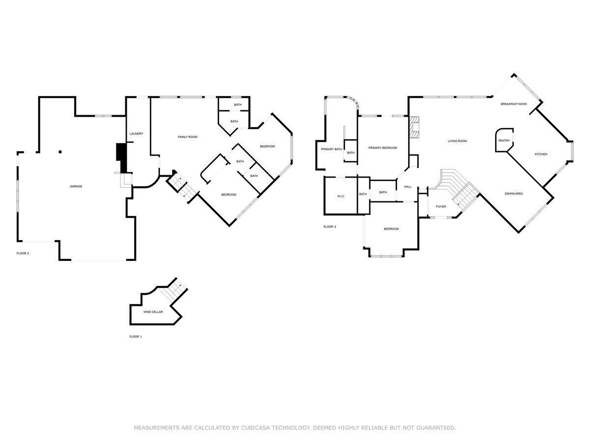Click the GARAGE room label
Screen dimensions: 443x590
76,187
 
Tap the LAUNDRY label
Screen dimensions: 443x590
136,134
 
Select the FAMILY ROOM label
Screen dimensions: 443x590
187,137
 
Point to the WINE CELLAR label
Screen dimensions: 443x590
153,312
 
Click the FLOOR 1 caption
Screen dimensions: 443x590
135,337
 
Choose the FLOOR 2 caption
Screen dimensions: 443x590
23,253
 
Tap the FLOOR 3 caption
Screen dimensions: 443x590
329,226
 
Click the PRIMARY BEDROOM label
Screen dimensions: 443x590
383,148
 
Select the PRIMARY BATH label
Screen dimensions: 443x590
331,149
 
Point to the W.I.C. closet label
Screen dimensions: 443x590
341,196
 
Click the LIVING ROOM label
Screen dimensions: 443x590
457,141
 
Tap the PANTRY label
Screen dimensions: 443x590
504,141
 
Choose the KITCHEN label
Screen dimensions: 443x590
541,154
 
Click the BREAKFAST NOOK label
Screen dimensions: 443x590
514,104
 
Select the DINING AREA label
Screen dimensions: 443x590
514,193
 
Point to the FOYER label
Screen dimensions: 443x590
441,206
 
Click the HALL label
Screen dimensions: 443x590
408,187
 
